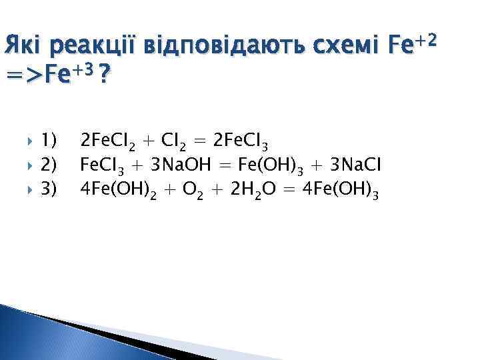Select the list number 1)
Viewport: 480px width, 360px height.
tap(49, 141)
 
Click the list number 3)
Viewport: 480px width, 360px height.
tap(49, 191)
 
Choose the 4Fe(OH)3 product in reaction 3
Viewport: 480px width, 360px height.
tap(341, 193)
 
